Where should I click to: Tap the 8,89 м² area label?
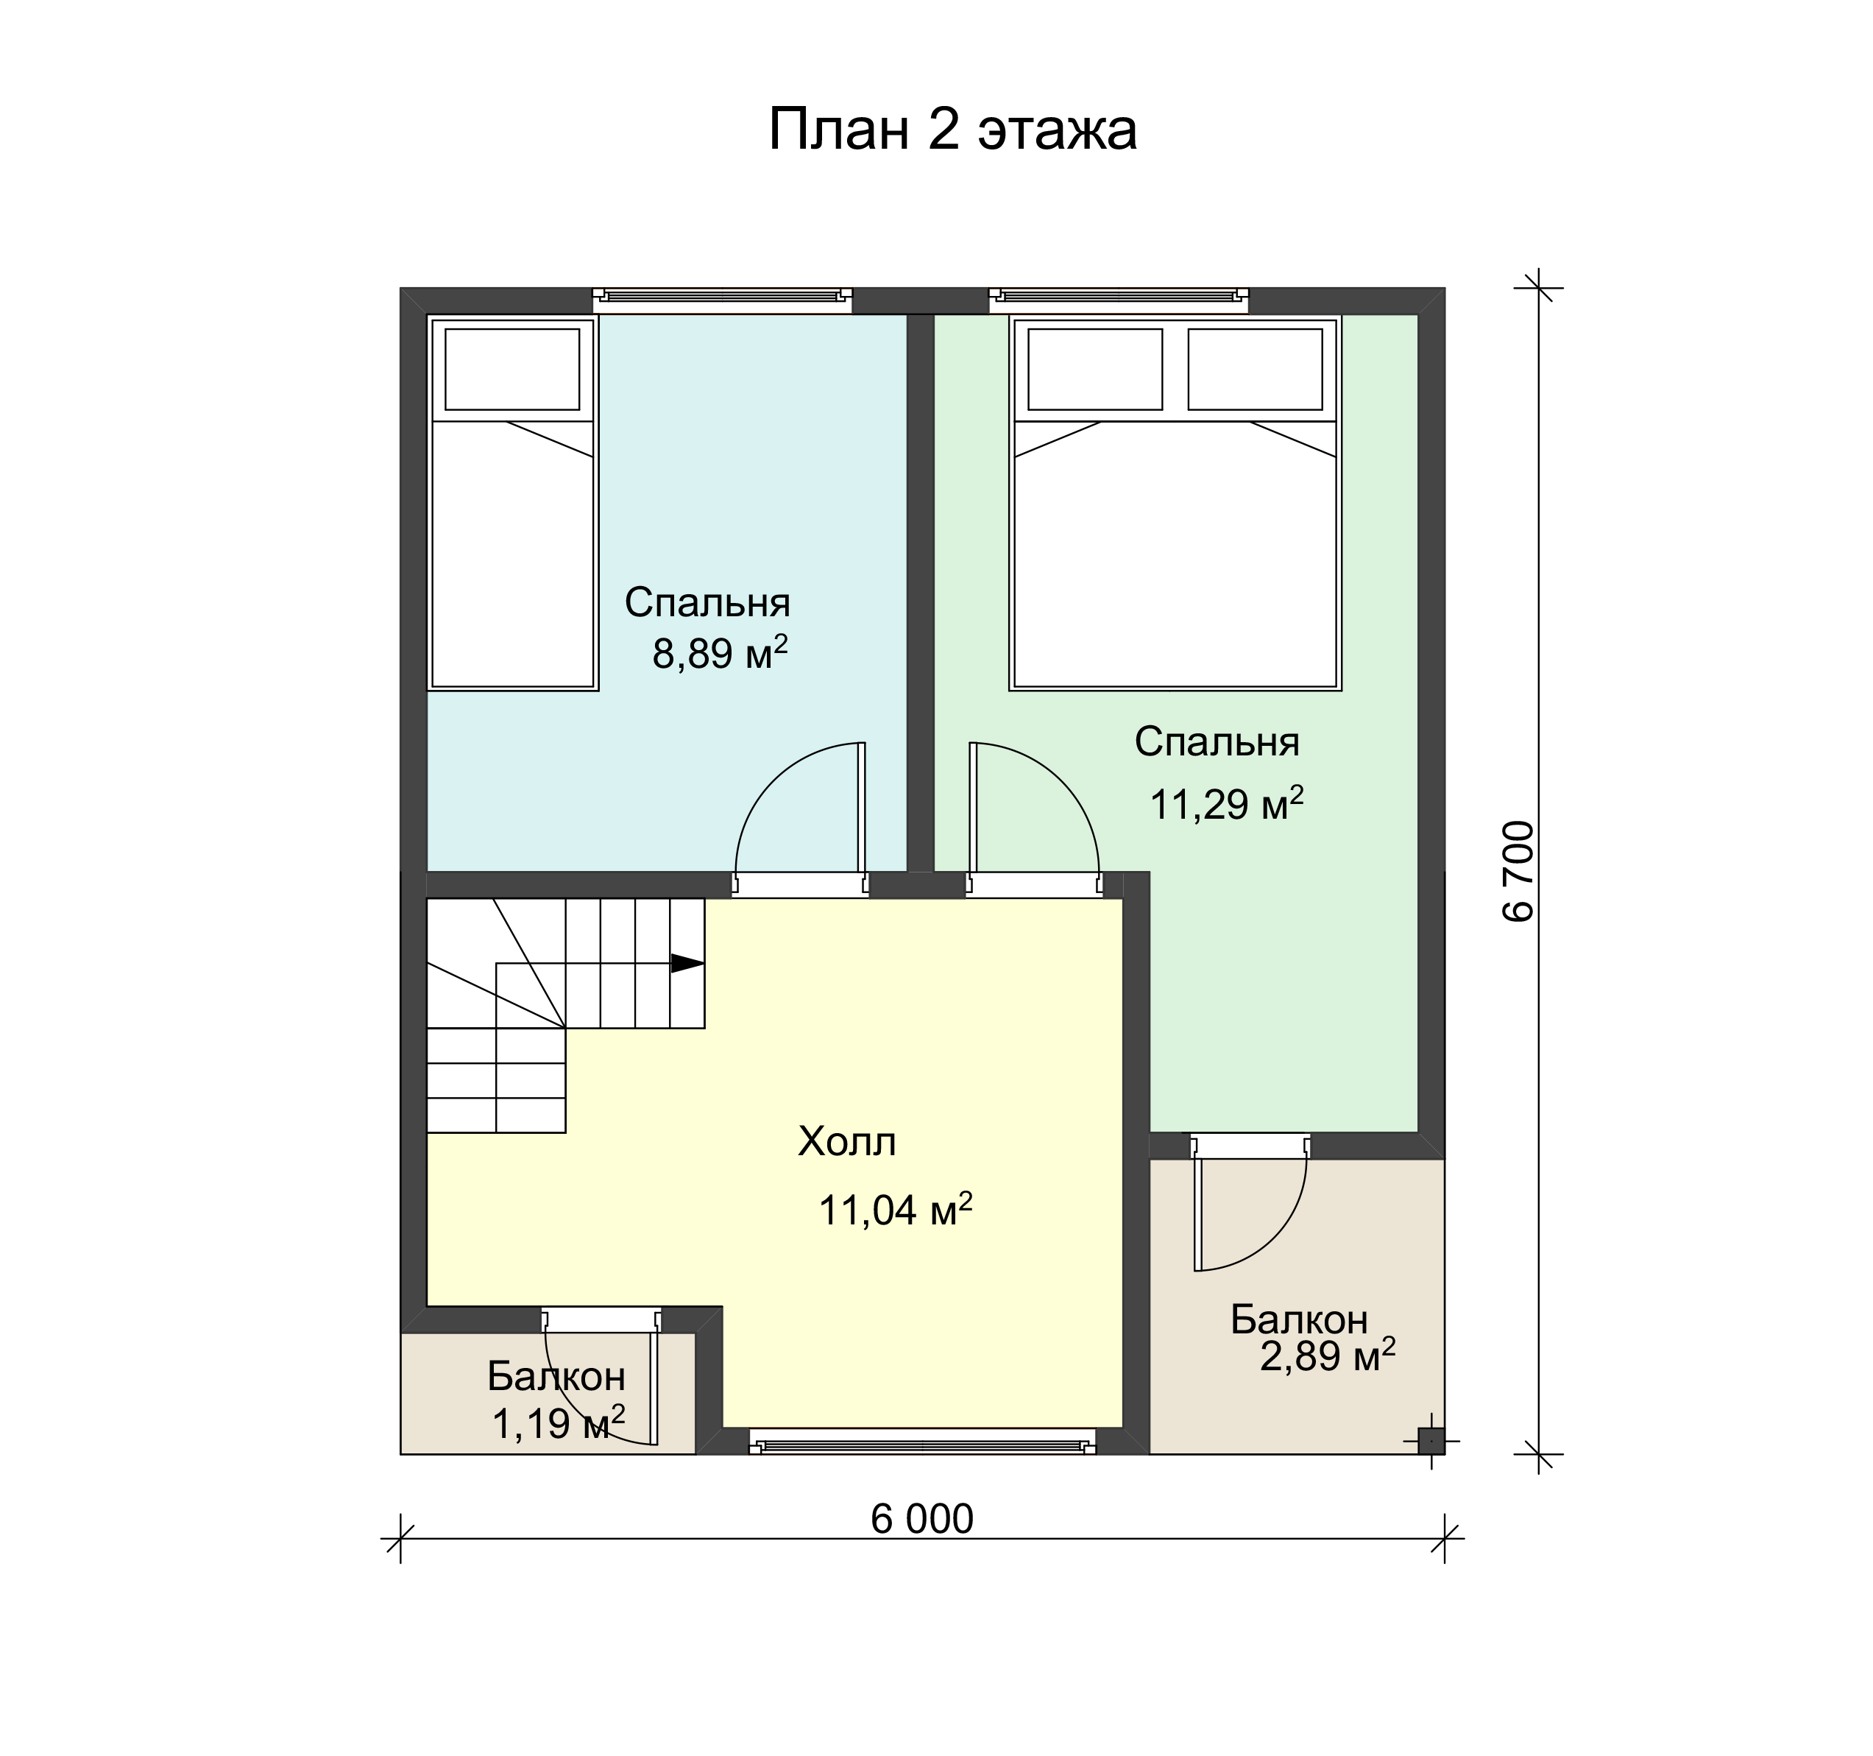pyautogui.click(x=720, y=652)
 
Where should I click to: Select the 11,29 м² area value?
pyautogui.click(x=1227, y=804)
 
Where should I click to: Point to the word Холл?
pyautogui.click(x=847, y=1143)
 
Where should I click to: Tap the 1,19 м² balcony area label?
pyautogui.click(x=559, y=1423)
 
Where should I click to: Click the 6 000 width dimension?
pyautogui.click(x=921, y=1518)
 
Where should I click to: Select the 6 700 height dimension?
pyautogui.click(x=1519, y=872)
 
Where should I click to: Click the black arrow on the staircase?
pyautogui.click(x=687, y=963)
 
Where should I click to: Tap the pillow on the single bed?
pyautogui.click(x=511, y=369)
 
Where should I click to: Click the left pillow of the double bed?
pyautogui.click(x=1095, y=369)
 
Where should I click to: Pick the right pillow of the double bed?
pyautogui.click(x=1255, y=369)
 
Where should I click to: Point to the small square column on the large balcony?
pyautogui.click(x=1430, y=1440)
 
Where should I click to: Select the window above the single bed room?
pyautogui.click(x=722, y=300)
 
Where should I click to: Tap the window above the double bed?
pyautogui.click(x=1119, y=300)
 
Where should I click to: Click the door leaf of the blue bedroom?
pyautogui.click(x=861, y=807)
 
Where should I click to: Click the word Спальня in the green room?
pyautogui.click(x=1217, y=742)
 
